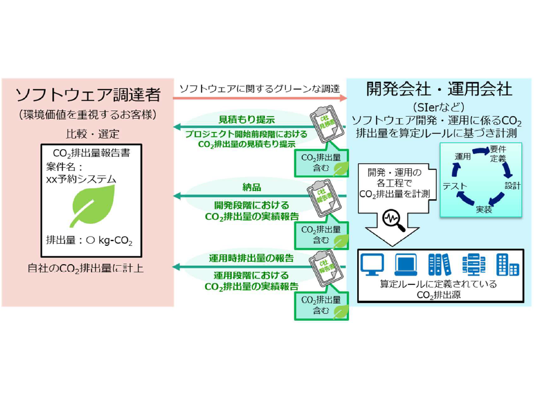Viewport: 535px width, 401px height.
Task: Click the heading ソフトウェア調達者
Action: (88, 95)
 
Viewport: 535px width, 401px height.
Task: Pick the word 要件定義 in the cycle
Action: (498, 154)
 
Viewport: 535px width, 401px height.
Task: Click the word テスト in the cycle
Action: (455, 186)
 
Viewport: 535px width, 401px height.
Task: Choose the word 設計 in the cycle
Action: (512, 185)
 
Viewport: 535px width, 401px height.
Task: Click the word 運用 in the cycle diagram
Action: (462, 156)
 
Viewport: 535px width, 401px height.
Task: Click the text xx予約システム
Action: (81, 179)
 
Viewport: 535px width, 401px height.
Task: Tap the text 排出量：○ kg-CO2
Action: (89, 240)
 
